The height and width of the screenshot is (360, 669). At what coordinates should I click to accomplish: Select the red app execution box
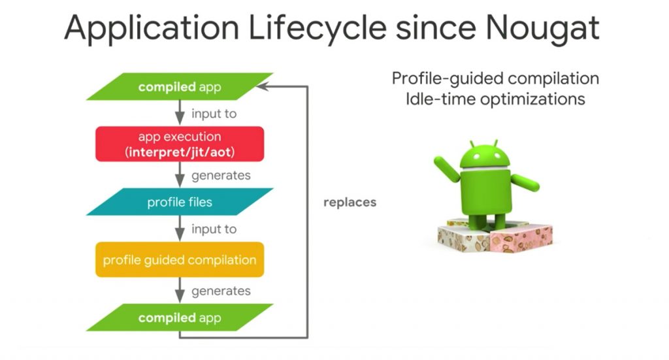coord(180,144)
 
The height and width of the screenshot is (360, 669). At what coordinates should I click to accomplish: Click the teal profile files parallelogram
coord(180,202)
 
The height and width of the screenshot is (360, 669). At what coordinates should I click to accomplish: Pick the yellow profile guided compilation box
coord(180,260)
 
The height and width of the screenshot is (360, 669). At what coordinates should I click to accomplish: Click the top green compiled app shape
coord(180,87)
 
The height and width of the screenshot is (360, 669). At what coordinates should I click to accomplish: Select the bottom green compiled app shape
coord(180,318)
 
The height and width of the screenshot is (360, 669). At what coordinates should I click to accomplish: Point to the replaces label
coord(350,202)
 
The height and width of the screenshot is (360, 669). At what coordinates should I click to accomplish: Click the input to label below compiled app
coord(214,114)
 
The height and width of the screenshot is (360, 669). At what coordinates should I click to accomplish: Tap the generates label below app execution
coord(221,175)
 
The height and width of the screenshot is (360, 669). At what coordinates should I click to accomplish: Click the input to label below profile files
coord(214,229)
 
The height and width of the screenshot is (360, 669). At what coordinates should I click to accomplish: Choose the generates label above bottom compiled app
coord(221,291)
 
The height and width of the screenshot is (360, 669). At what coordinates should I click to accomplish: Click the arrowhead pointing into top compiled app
coord(262,87)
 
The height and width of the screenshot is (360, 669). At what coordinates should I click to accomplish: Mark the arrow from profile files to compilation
coord(180,229)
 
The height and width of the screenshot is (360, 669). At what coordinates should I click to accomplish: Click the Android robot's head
coord(485,155)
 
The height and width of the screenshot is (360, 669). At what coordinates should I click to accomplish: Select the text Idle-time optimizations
coord(495,99)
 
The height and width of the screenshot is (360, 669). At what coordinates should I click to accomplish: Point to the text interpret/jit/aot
coord(180,152)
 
